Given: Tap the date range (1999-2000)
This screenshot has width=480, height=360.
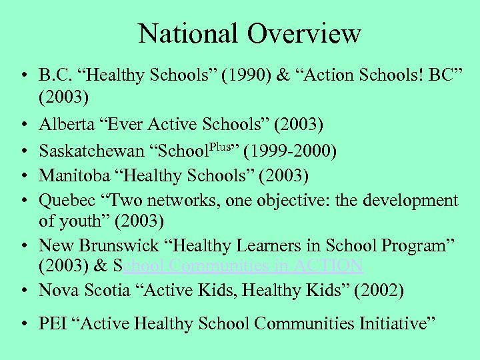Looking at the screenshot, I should click(291, 150).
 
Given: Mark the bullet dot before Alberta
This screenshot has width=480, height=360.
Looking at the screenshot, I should click(24, 125).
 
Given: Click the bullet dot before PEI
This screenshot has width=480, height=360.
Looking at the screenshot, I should click(24, 325).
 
